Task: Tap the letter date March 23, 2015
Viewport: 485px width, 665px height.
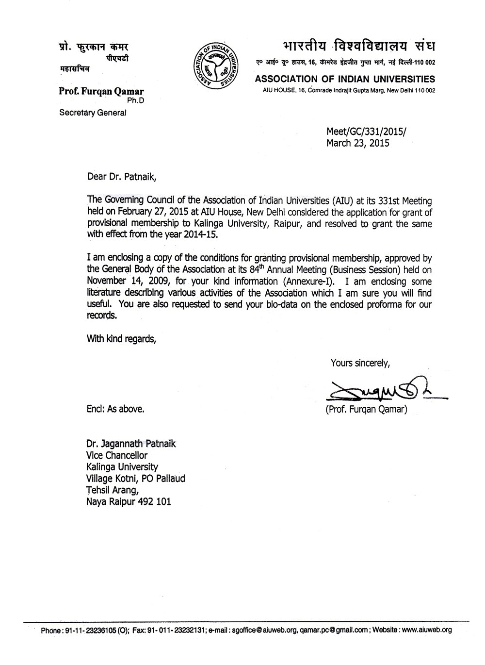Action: click(x=357, y=143)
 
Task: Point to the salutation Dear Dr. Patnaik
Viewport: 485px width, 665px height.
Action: click(x=121, y=177)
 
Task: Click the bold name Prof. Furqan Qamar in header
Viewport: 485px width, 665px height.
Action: click(x=101, y=91)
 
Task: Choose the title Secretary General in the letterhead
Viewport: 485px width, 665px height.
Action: click(x=93, y=113)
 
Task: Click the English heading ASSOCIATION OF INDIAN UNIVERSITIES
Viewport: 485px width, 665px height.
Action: click(x=345, y=79)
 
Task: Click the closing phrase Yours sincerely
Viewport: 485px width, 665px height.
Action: click(x=359, y=362)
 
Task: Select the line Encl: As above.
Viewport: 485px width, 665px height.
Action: click(x=115, y=409)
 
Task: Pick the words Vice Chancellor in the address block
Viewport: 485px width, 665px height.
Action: click(x=116, y=455)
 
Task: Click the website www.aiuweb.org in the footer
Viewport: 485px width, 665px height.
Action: click(x=427, y=630)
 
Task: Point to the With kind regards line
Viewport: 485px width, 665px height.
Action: click(x=121, y=339)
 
